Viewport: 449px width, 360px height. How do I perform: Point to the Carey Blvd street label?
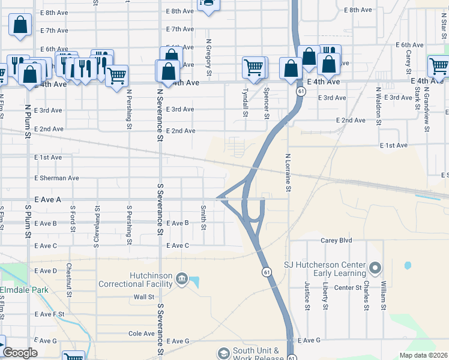(x=337, y=240)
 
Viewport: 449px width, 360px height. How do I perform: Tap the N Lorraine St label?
(x=288, y=173)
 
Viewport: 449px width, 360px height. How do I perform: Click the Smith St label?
(x=203, y=218)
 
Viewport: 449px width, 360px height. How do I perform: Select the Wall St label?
(x=144, y=296)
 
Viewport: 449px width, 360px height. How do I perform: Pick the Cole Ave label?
(x=142, y=334)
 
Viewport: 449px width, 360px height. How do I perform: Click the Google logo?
(x=20, y=353)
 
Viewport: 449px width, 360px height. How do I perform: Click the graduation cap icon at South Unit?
(x=224, y=353)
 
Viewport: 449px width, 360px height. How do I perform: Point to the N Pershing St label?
(x=129, y=109)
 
